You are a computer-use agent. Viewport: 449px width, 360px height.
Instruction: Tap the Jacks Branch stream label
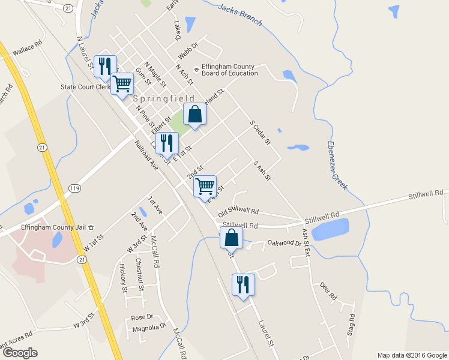(x=240, y=15)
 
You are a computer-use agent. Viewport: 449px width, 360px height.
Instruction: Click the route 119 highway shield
(x=75, y=188)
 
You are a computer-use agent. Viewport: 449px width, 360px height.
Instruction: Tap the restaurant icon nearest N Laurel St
(x=105, y=66)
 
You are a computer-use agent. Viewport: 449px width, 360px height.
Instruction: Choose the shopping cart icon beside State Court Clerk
(x=122, y=84)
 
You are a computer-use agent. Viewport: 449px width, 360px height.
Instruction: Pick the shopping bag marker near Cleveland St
(x=195, y=114)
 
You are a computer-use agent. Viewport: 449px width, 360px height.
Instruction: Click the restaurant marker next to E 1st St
(x=166, y=143)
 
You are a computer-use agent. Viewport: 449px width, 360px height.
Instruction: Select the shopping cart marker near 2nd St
(x=205, y=186)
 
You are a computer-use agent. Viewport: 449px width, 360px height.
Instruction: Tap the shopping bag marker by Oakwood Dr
(x=231, y=238)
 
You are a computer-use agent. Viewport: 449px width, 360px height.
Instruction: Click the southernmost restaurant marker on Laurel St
(x=243, y=284)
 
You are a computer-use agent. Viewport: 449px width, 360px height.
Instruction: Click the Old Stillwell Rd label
(x=238, y=212)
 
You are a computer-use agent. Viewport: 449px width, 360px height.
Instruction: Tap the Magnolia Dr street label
(x=149, y=327)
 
